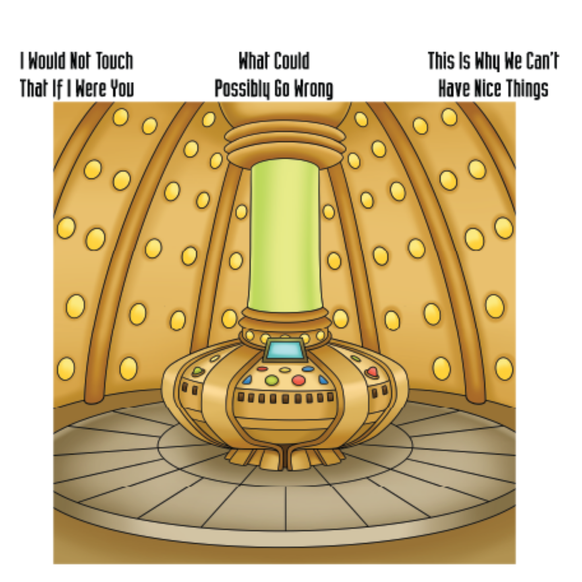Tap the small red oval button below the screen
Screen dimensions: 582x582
point(262,369)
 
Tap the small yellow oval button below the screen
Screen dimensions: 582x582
point(285,370)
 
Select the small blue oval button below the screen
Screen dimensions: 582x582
point(308,369)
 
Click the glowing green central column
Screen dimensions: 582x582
point(285,236)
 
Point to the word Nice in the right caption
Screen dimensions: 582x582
point(489,89)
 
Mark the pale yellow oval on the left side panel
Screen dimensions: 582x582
point(214,358)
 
